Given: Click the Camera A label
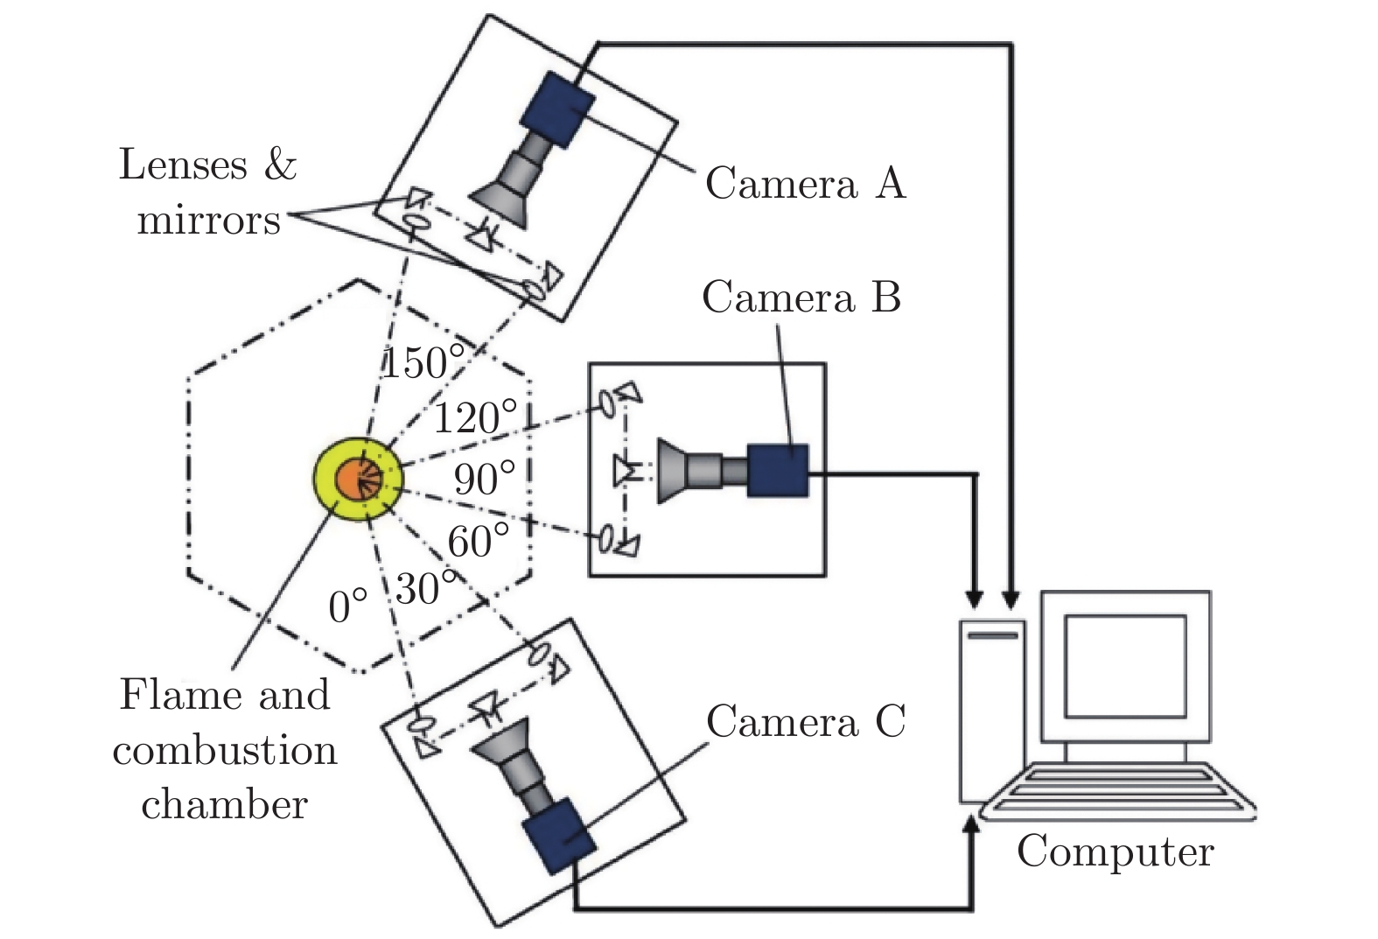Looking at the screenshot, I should coord(805,185).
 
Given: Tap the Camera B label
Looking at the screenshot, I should coord(801,298).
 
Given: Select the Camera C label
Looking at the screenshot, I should coord(805,723).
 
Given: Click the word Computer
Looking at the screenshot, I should coord(1115,851).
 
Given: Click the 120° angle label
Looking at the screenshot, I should coord(475,418).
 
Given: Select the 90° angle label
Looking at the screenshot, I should coord(484,479).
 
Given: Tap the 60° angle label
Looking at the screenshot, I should coord(478,542).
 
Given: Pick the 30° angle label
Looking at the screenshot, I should coord(426,589).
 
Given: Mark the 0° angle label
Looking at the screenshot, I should coord(348,606).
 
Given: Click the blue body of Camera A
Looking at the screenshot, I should coord(558,109).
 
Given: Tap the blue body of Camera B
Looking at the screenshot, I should coord(778,471).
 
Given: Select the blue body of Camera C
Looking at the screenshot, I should coord(559,835).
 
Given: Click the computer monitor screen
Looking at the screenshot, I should coord(1125,665).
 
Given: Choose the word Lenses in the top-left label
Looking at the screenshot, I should coord(183,165).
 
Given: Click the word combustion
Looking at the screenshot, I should coord(225,751).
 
